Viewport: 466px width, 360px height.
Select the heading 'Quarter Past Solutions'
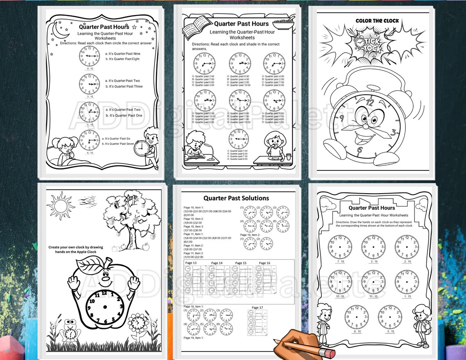point(236,198)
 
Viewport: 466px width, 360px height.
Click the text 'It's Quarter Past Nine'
point(123,54)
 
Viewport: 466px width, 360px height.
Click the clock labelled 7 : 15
point(339,247)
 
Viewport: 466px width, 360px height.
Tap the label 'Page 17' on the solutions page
point(258,308)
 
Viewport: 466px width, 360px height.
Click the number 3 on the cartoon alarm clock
point(393,132)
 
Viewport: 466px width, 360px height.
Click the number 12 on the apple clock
point(104,293)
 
